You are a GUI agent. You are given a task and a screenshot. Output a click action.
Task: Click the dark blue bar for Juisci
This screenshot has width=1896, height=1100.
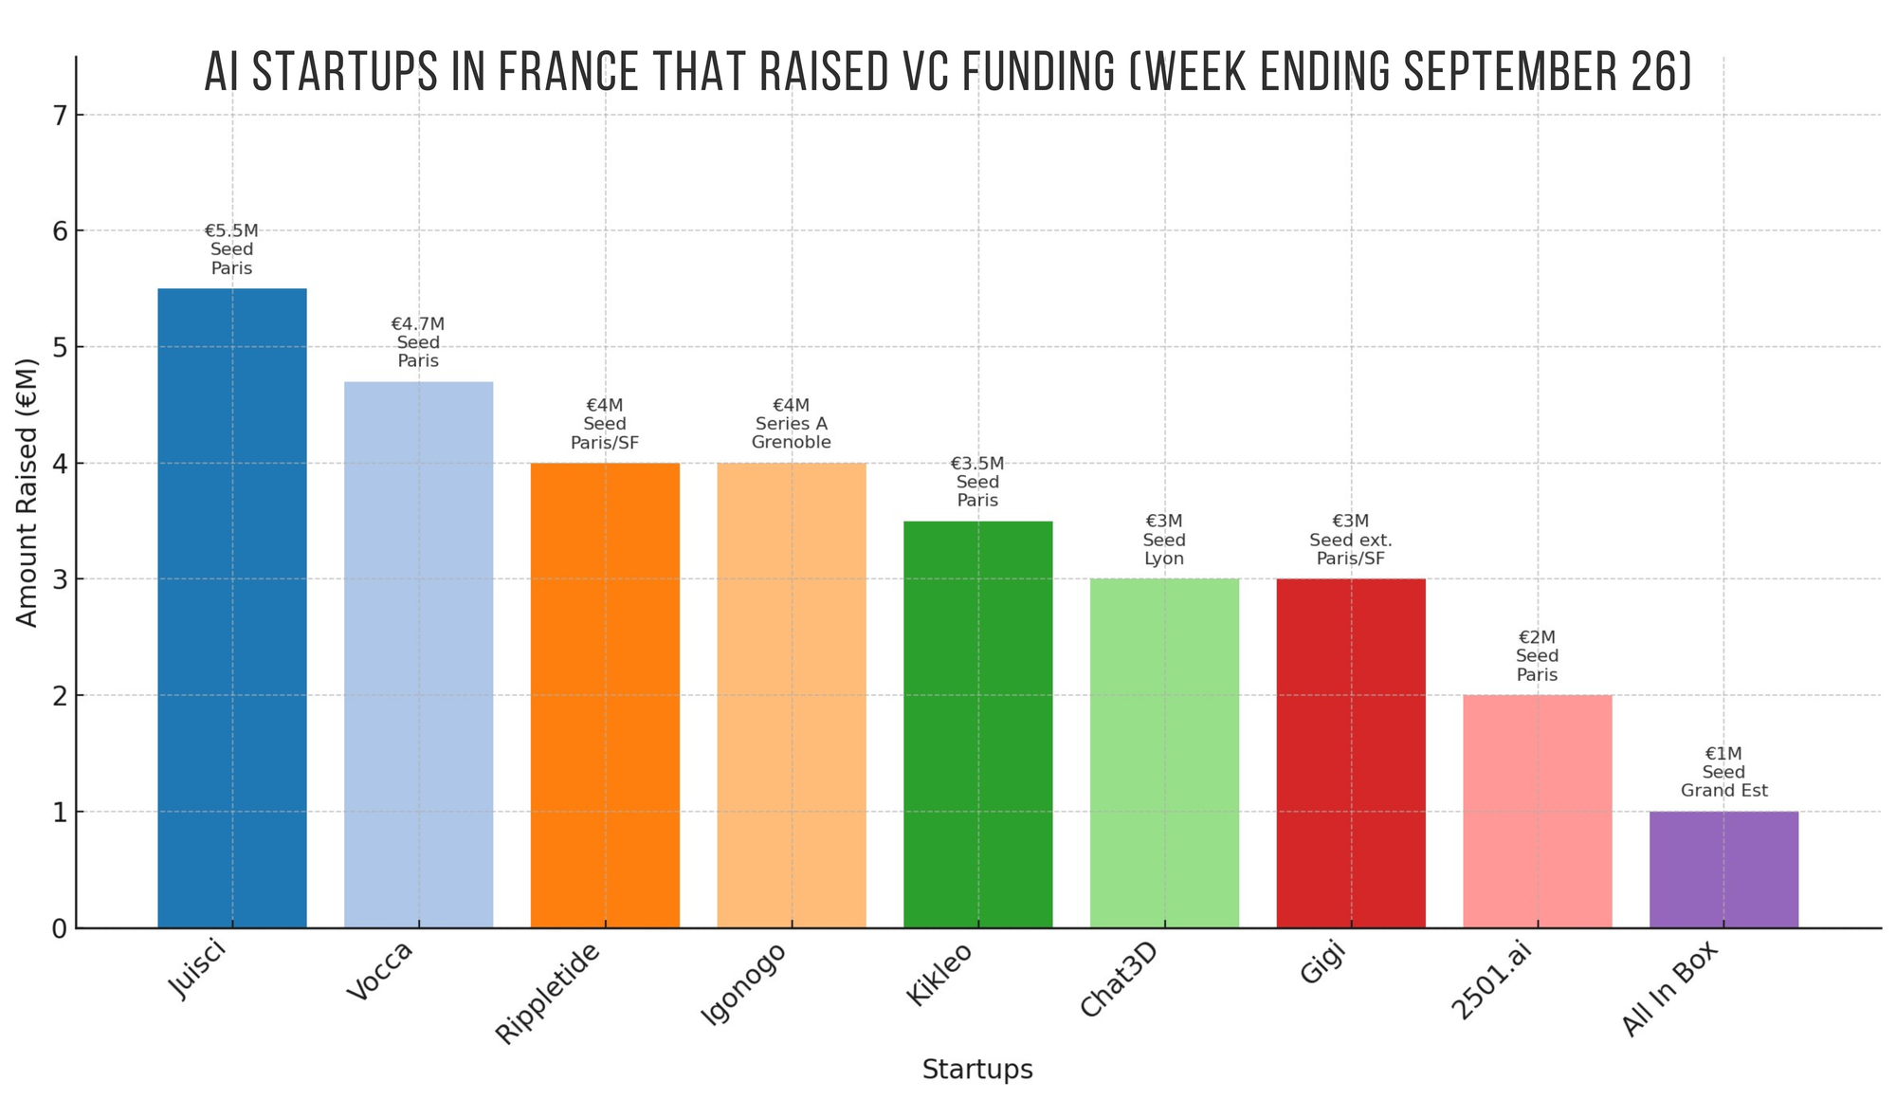tap(232, 607)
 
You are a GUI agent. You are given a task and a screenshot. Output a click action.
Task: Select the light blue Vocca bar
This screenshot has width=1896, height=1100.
tap(418, 654)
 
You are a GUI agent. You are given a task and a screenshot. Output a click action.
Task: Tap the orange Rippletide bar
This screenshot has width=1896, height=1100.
tap(605, 695)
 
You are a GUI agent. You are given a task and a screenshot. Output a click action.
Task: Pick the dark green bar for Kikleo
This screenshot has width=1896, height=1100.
tap(977, 724)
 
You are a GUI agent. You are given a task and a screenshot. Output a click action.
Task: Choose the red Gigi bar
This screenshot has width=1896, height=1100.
tap(1351, 753)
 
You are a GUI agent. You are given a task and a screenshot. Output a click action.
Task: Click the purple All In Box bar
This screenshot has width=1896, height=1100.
tap(1723, 870)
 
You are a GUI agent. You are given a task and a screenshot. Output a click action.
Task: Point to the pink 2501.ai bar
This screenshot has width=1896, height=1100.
tap(1537, 811)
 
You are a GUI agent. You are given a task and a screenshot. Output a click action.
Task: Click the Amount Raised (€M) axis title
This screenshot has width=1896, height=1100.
tap(27, 493)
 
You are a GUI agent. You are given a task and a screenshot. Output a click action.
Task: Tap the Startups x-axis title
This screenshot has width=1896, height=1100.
tap(977, 1070)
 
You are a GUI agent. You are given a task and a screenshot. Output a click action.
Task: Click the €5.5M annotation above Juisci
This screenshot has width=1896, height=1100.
tap(231, 231)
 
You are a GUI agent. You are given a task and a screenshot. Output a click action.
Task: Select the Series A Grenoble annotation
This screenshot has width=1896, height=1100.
tap(792, 433)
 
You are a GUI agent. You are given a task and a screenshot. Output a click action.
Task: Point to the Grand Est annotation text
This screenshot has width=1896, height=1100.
tap(1723, 791)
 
